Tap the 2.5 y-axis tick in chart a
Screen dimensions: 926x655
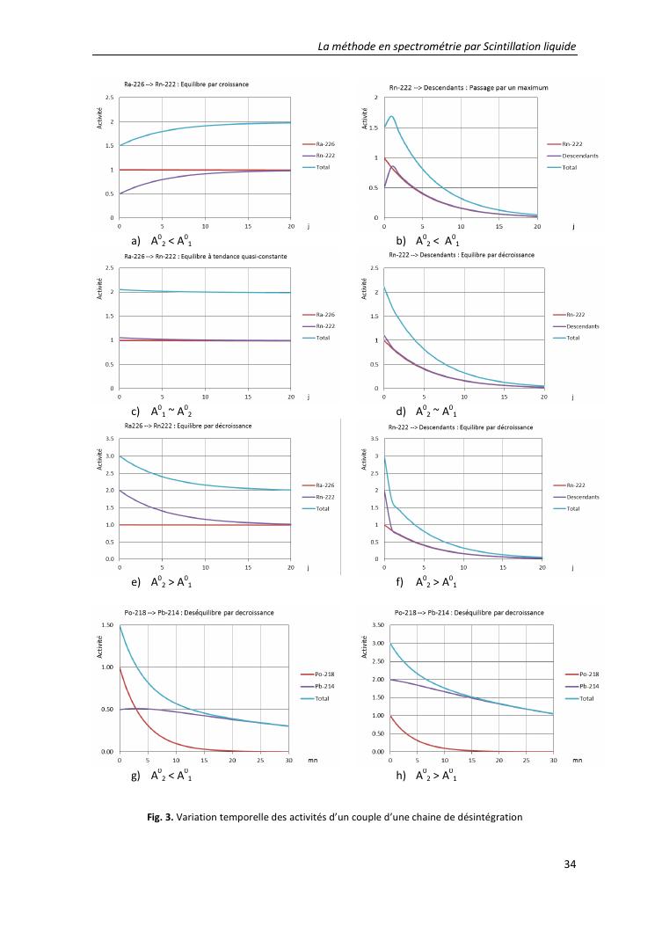[x=110, y=97]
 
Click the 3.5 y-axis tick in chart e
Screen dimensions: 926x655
[x=110, y=438]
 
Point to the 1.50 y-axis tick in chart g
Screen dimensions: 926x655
[x=109, y=624]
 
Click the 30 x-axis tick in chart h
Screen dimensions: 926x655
[x=553, y=760]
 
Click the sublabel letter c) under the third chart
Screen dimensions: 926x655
[x=135, y=411]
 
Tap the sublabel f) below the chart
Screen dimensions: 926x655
[x=400, y=581]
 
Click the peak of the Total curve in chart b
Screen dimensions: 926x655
[x=391, y=116]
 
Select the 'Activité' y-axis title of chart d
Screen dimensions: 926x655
[x=364, y=287]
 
